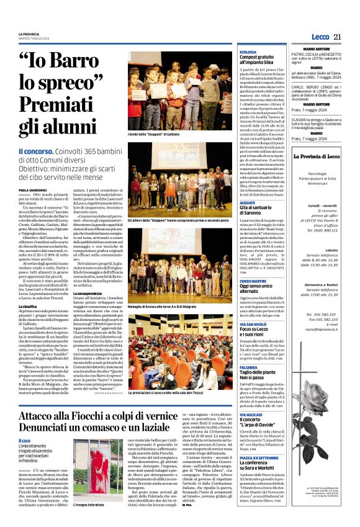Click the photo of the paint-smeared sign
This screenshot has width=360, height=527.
pyautogui.click(x=89, y=471)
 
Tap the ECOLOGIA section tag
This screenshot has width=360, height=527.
pyautogui.click(x=248, y=52)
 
